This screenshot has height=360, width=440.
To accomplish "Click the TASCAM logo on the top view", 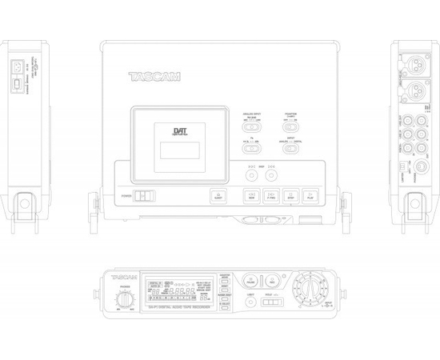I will pos(154,78).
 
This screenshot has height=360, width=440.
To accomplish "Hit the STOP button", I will pos(292,195).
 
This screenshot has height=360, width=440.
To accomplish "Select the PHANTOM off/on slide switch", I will pos(292,126).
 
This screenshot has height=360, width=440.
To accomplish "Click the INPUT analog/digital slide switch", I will pos(292,149).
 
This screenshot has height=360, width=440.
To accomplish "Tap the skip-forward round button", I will pos(272,175).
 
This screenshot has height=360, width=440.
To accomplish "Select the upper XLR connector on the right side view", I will pos(417,62).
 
